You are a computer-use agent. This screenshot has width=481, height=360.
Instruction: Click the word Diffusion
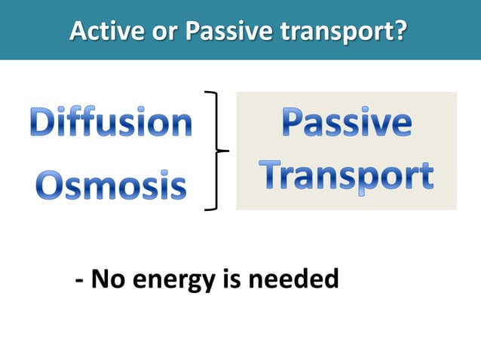click(111, 123)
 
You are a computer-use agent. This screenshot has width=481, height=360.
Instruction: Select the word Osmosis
click(112, 185)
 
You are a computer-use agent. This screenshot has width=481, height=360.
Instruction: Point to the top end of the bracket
click(207, 93)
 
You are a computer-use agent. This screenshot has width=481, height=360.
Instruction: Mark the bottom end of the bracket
click(207, 209)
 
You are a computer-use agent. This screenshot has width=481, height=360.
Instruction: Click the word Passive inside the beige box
click(347, 124)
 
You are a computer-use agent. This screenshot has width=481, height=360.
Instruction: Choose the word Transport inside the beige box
click(347, 175)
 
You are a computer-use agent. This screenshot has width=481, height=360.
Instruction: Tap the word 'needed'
click(293, 280)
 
